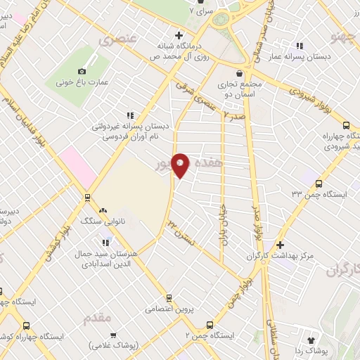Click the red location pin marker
tap(180, 165)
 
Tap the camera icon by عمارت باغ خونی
tap(82, 72)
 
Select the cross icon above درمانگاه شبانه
tap(179, 35)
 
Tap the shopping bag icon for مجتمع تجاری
tap(240, 72)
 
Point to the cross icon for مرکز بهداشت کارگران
tap(280, 245)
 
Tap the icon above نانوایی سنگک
tap(103, 210)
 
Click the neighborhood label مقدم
tap(98, 319)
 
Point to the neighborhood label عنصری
tap(116, 39)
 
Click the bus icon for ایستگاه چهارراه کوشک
tap(26, 326)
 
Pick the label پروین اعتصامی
tap(169, 308)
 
